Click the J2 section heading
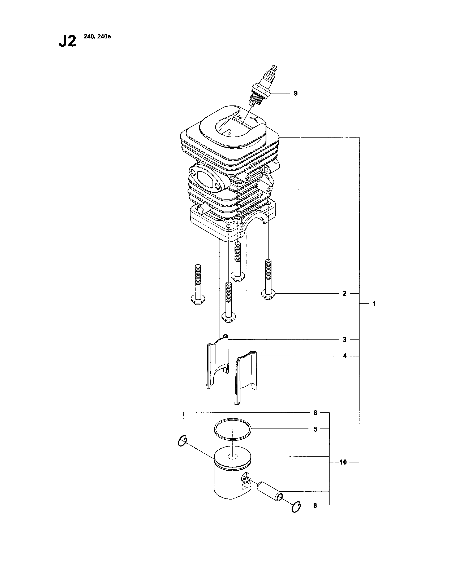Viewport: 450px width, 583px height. click(x=67, y=42)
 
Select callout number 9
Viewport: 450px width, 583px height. click(x=296, y=94)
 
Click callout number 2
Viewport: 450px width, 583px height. click(x=344, y=293)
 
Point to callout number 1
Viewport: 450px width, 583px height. click(x=374, y=304)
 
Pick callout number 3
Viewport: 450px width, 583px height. click(x=345, y=340)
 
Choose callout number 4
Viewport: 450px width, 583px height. click(x=344, y=356)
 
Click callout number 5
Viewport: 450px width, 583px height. click(x=315, y=429)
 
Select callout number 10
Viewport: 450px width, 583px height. click(x=343, y=462)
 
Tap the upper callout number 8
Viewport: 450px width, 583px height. click(x=315, y=413)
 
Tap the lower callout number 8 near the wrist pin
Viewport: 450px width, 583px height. click(x=315, y=505)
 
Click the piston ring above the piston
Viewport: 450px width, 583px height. click(x=233, y=429)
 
